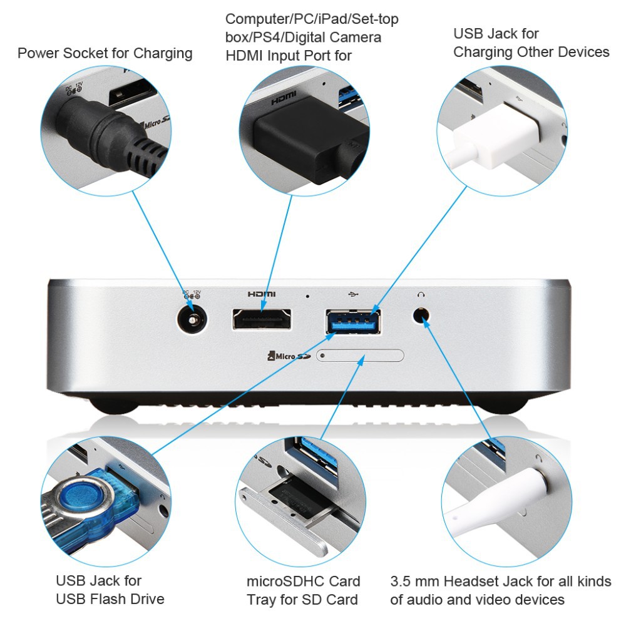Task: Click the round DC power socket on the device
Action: [x=192, y=319]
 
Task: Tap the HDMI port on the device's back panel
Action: [x=262, y=319]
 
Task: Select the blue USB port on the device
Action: [x=353, y=321]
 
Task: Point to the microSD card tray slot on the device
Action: [x=360, y=356]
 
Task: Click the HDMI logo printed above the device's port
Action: [x=262, y=294]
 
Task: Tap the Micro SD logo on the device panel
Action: [x=289, y=356]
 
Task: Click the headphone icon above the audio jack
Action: [x=421, y=295]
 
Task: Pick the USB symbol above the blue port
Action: [x=353, y=295]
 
